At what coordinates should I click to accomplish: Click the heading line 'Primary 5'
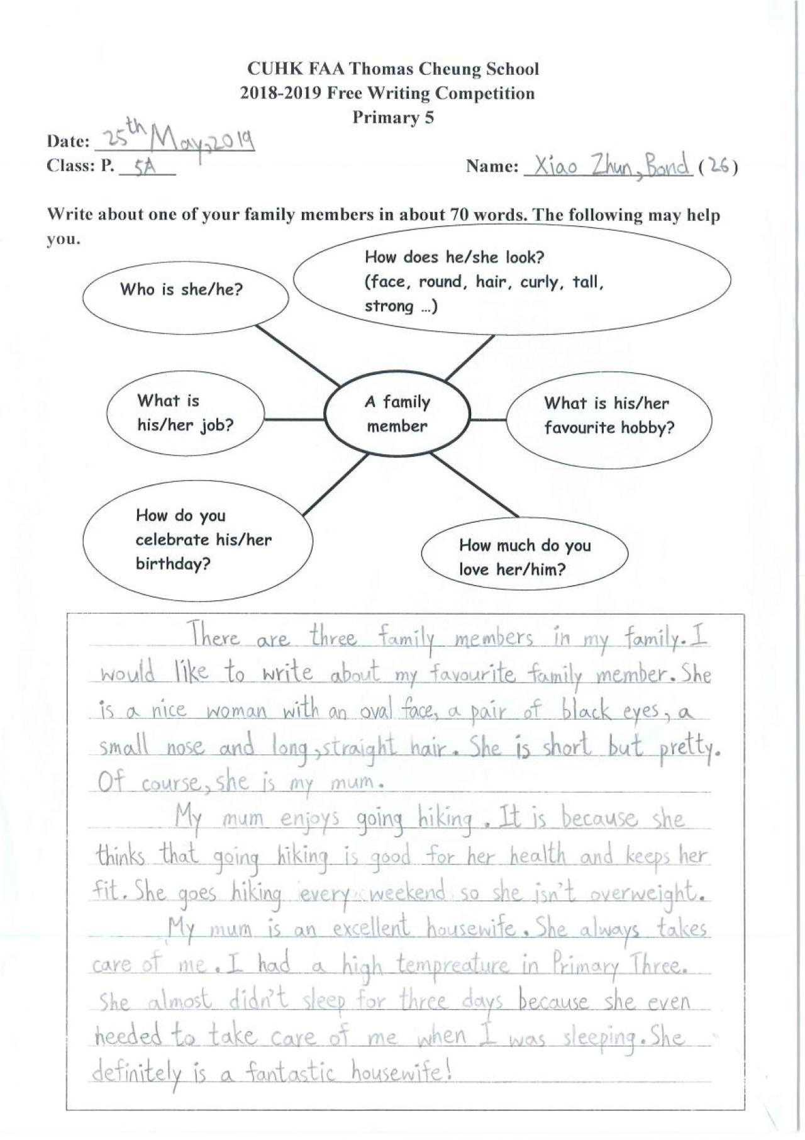click(x=392, y=118)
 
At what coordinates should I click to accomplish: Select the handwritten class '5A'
click(x=145, y=167)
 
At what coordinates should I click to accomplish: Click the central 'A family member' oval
click(x=397, y=414)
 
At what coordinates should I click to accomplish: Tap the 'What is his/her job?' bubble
click(x=185, y=413)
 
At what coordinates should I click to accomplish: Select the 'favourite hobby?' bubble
click(x=608, y=416)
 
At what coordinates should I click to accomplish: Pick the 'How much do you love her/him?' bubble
click(x=524, y=557)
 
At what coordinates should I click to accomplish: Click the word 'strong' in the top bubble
click(x=389, y=306)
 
